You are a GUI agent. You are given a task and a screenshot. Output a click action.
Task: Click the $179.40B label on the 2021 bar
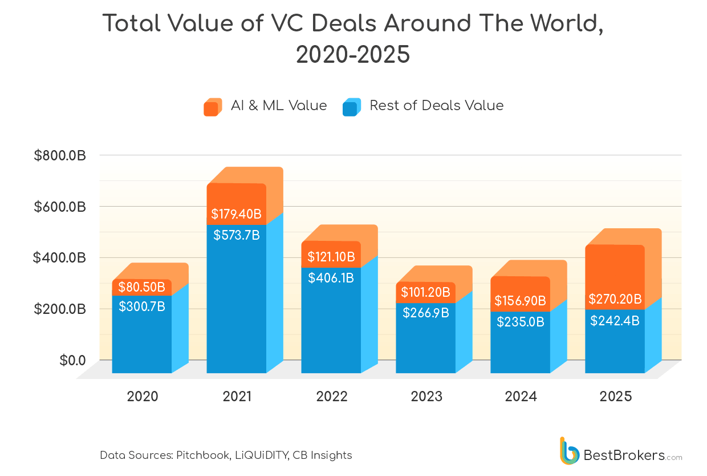pyautogui.click(x=236, y=214)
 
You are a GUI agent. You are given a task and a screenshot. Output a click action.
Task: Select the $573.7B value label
pyautogui.click(x=236, y=235)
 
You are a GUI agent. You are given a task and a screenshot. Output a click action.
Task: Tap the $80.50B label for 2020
pyautogui.click(x=141, y=287)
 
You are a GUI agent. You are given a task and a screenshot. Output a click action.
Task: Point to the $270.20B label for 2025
pyautogui.click(x=615, y=299)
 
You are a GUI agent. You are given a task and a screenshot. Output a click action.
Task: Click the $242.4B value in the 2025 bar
pyautogui.click(x=615, y=321)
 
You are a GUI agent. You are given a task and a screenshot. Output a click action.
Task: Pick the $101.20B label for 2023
pyautogui.click(x=425, y=293)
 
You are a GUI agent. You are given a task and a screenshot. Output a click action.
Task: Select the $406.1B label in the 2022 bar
pyautogui.click(x=331, y=278)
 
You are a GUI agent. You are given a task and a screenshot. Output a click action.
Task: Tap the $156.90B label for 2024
pyautogui.click(x=520, y=300)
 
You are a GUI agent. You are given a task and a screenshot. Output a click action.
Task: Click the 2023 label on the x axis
pyautogui.click(x=426, y=397)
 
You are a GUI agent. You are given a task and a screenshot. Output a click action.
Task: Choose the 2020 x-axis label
pyautogui.click(x=142, y=397)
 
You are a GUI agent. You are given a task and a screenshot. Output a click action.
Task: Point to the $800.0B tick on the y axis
pyautogui.click(x=60, y=155)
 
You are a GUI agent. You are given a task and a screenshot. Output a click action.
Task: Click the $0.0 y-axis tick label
pyautogui.click(x=72, y=361)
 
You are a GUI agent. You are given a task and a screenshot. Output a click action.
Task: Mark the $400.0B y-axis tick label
pyautogui.click(x=60, y=258)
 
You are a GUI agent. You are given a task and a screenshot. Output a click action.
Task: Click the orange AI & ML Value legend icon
pyautogui.click(x=213, y=107)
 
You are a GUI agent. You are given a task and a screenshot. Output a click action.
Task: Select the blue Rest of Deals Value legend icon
pyautogui.click(x=351, y=107)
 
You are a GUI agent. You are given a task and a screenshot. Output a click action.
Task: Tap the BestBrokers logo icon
pyautogui.click(x=569, y=451)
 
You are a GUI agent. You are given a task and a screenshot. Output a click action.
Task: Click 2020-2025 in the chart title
pyautogui.click(x=353, y=55)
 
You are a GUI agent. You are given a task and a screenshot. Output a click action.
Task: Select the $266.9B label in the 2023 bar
pyautogui.click(x=425, y=313)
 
